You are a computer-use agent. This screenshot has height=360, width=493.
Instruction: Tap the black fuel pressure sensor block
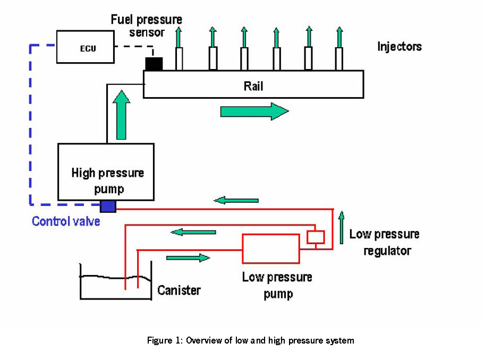point(154,63)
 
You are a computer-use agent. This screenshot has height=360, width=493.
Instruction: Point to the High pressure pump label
point(107,181)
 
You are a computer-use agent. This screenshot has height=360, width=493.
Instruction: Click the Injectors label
point(399,46)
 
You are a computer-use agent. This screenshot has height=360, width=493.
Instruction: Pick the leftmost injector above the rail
point(179,58)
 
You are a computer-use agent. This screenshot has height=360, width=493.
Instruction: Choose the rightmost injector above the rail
point(339,58)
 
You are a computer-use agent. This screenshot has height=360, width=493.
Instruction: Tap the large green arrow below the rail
point(254,112)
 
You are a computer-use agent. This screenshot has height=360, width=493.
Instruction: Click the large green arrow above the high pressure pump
point(121,114)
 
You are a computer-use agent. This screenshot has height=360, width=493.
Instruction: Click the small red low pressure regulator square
point(316,237)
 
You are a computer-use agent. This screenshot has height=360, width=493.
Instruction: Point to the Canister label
point(179,290)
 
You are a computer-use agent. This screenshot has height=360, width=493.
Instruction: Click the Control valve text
point(66,221)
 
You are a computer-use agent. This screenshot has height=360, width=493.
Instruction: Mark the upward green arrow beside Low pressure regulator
point(341,225)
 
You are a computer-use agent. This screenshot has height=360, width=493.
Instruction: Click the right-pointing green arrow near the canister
point(188,258)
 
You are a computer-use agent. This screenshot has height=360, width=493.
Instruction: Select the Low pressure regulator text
point(385,242)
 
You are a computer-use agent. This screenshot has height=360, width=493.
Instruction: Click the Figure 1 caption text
point(250,340)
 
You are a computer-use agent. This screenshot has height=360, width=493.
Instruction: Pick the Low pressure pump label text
point(277,285)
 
